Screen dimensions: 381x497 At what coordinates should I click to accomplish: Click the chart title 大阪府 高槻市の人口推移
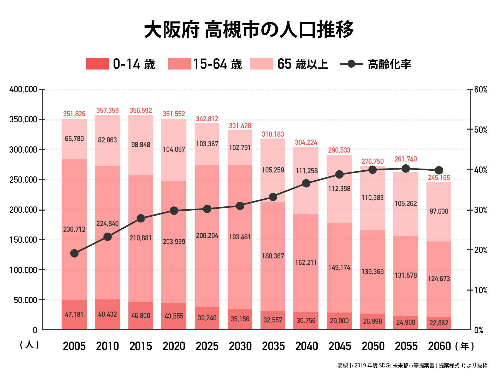pos(249,30)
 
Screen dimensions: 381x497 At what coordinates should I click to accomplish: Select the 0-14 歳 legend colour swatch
pos(97,64)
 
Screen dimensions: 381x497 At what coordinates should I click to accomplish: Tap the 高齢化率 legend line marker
pos(351,64)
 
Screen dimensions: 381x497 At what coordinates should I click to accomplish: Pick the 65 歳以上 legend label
pos(302,64)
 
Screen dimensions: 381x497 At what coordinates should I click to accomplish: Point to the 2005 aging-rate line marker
pos(74,253)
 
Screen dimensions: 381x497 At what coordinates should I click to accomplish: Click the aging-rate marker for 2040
pos(306,183)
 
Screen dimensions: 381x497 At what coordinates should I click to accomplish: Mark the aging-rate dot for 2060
pos(439,170)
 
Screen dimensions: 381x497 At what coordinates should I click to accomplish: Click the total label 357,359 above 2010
pos(108,111)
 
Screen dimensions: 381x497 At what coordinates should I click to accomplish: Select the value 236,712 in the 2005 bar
pos(74,229)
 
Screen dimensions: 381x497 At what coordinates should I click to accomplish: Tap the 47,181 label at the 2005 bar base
pos(74,314)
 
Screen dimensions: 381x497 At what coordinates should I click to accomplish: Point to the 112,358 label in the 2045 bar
pos(339,188)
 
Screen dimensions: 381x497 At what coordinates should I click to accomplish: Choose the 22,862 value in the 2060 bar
pos(439,323)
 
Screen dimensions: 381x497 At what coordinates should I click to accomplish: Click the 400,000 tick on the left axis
pos(23,89)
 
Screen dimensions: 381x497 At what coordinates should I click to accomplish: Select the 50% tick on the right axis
pos(481,130)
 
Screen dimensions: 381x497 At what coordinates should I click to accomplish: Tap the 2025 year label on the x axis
pos(207,346)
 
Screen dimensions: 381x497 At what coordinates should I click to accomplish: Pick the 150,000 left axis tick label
pos(23,240)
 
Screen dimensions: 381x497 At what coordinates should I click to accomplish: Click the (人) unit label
pos(29,345)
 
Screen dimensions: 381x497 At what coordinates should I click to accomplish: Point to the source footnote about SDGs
pos(412,366)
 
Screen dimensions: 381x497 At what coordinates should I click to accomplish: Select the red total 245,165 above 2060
pos(439,178)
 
